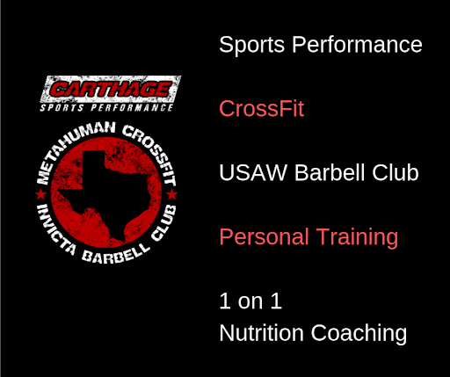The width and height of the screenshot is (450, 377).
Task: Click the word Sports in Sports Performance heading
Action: tap(251, 45)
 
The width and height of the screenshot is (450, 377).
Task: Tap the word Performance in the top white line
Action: tap(357, 44)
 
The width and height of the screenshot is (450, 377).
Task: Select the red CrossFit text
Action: tap(262, 108)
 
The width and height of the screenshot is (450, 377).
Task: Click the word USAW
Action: tap(253, 172)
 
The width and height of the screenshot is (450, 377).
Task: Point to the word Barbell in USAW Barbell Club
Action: tap(330, 172)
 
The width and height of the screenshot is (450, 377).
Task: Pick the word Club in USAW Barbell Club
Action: tap(396, 172)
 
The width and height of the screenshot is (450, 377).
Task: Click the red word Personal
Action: tap(264, 236)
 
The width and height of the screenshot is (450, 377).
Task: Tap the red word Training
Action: tap(357, 237)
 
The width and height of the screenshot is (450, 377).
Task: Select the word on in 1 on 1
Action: tap(250, 301)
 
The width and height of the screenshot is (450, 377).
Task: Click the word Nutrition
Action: tap(261, 333)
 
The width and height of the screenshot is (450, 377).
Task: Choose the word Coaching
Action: tap(359, 334)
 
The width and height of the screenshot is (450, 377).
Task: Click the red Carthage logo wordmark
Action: tap(111, 89)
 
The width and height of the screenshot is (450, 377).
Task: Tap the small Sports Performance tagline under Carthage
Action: tap(106, 108)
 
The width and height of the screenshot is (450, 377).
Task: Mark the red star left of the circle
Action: tap(40, 194)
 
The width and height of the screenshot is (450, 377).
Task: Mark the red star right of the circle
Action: tap(172, 194)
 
